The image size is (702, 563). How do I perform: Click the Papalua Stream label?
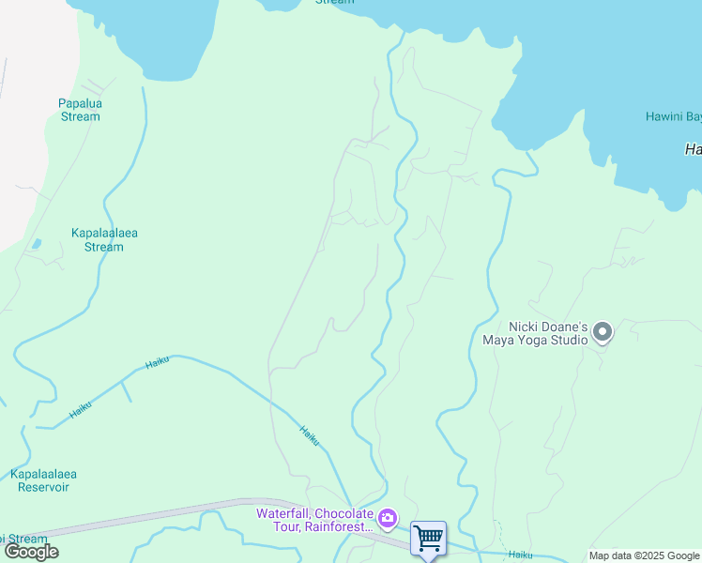tap(79, 110)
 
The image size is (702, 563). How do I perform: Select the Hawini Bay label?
tap(673, 117)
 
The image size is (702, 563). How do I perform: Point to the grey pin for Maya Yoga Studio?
tap(602, 332)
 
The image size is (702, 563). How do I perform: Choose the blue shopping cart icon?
tap(428, 538)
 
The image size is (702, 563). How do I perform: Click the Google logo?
tap(31, 552)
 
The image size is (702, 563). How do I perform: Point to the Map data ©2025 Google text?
tap(644, 555)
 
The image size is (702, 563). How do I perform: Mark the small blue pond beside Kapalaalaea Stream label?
tap(36, 244)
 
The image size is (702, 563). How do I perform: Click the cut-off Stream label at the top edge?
tap(335, 3)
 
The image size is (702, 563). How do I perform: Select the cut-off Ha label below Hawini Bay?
tap(693, 149)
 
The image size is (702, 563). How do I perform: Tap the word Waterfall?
tap(284, 513)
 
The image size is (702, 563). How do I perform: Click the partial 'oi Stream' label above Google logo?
tap(23, 539)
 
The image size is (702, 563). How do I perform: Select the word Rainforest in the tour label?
tap(339, 527)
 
